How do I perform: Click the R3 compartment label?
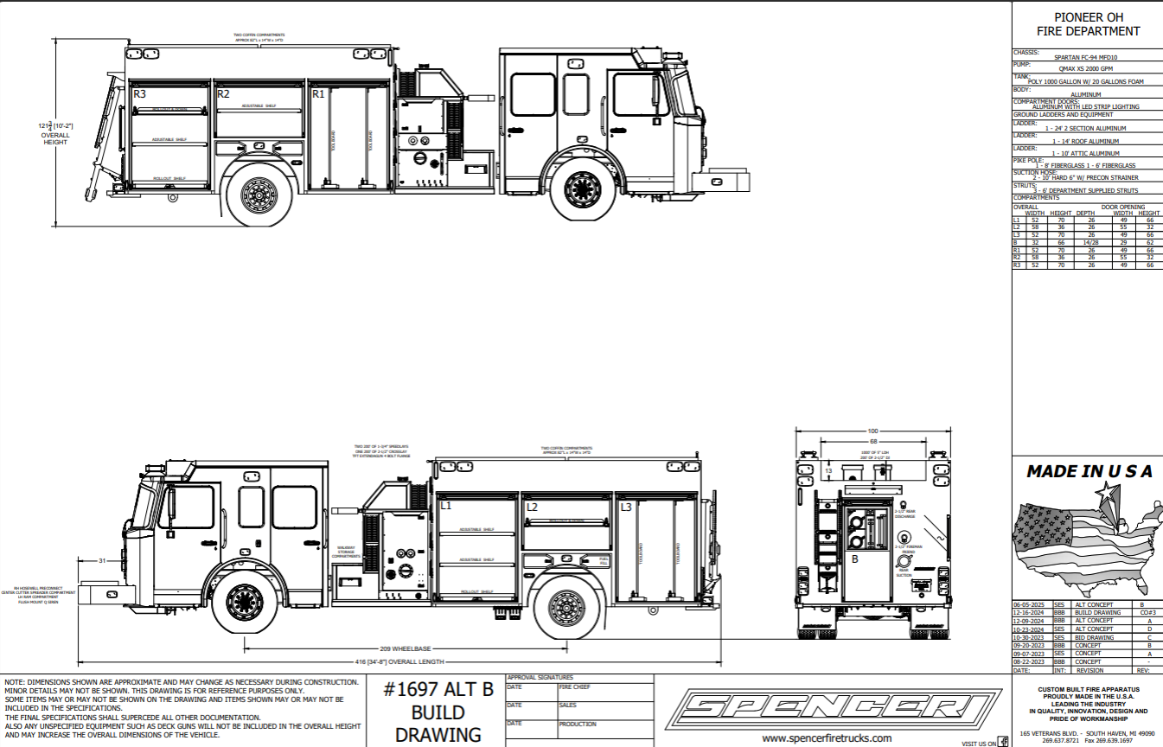pos(139,93)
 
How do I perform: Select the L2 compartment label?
pos(532,507)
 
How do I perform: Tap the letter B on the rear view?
pos(855,559)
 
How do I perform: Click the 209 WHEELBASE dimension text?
pos(406,648)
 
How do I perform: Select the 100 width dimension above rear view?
pos(872,430)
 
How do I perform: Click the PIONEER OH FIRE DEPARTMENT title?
pos(1088,24)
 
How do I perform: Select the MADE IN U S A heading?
pos(1089,471)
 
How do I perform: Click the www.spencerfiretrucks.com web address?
pos(827,737)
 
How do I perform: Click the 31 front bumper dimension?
pos(102,561)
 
